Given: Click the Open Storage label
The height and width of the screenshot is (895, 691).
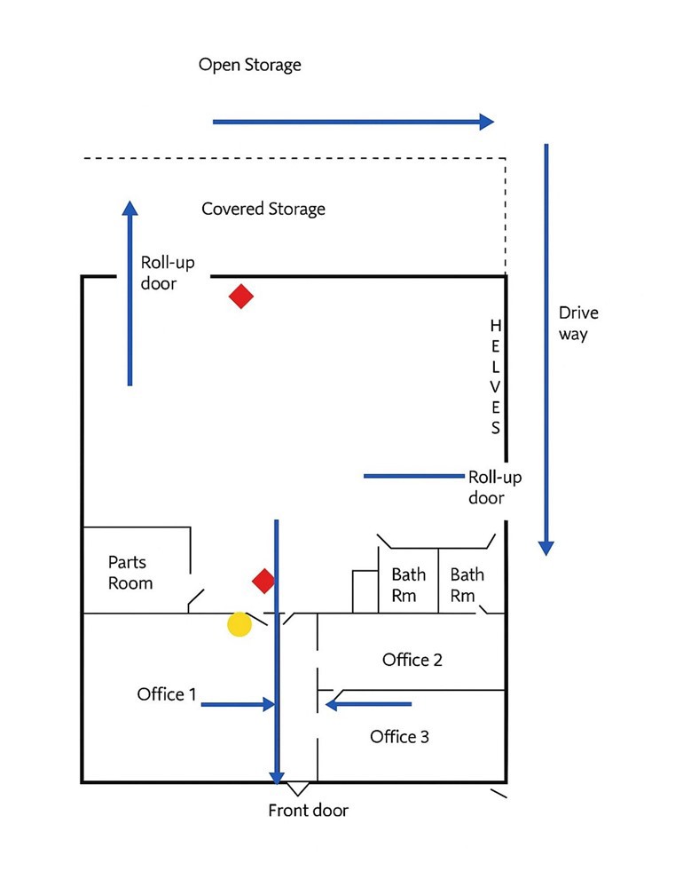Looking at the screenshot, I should click(249, 65).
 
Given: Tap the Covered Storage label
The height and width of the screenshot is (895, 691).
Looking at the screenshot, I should click(263, 210).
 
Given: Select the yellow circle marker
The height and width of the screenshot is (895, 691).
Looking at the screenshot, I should click(239, 624).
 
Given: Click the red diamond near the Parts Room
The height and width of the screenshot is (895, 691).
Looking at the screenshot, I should click(263, 581).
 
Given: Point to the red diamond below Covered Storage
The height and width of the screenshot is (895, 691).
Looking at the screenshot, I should click(241, 296).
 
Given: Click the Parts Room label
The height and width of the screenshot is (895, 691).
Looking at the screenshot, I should click(130, 573).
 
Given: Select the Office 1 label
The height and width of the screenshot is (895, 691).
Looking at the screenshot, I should click(167, 694).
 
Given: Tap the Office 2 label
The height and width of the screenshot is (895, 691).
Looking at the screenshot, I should click(412, 660).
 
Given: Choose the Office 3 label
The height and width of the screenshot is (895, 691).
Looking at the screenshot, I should click(399, 737).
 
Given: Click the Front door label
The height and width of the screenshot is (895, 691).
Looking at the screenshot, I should click(309, 811).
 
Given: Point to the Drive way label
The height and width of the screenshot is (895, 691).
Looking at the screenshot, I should click(578, 324).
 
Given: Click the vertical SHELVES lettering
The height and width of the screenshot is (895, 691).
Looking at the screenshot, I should click(496, 376).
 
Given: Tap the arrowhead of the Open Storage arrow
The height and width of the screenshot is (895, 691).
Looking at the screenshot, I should click(486, 122).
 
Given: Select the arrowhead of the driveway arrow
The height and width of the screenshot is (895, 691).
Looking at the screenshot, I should click(546, 548).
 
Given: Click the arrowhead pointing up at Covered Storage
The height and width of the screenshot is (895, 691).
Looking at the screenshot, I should click(130, 209).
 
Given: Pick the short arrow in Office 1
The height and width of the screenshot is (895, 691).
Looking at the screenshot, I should click(238, 705).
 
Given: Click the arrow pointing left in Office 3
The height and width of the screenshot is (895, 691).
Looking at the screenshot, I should click(368, 705).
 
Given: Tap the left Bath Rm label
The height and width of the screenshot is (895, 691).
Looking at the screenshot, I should click(408, 585).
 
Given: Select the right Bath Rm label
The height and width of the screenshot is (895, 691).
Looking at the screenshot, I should click(467, 585).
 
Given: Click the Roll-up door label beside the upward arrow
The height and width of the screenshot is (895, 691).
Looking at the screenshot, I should click(168, 273).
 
